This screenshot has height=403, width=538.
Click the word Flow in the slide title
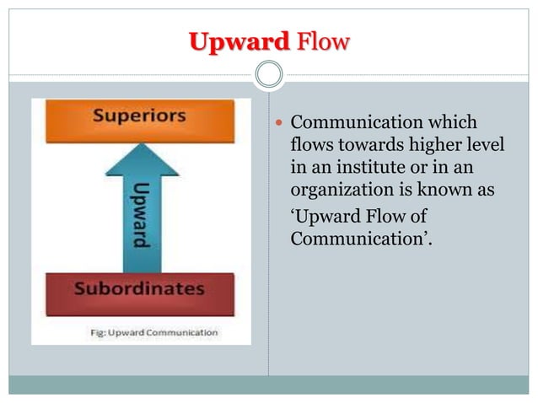pyautogui.click(x=321, y=40)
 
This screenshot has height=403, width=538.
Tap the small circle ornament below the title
pyautogui.click(x=269, y=75)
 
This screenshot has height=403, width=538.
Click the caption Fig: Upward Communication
pyautogui.click(x=154, y=331)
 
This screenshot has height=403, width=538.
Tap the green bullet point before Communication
pyautogui.click(x=280, y=124)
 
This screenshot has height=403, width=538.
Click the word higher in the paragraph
pyautogui.click(x=443, y=146)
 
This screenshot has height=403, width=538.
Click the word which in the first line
pyautogui.click(x=454, y=124)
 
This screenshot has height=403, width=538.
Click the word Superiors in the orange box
pyautogui.click(x=139, y=116)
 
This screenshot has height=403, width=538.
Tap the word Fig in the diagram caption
pyautogui.click(x=99, y=331)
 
